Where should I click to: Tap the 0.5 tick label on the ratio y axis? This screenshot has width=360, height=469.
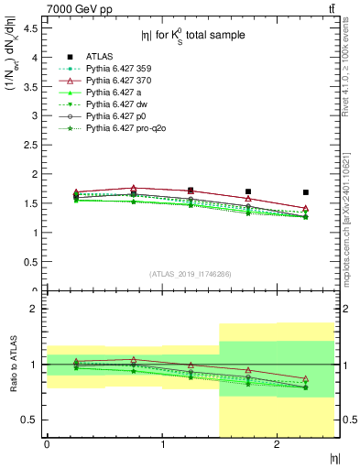click(x=29, y=420)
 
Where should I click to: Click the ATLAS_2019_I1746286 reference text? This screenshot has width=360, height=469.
click(x=190, y=274)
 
